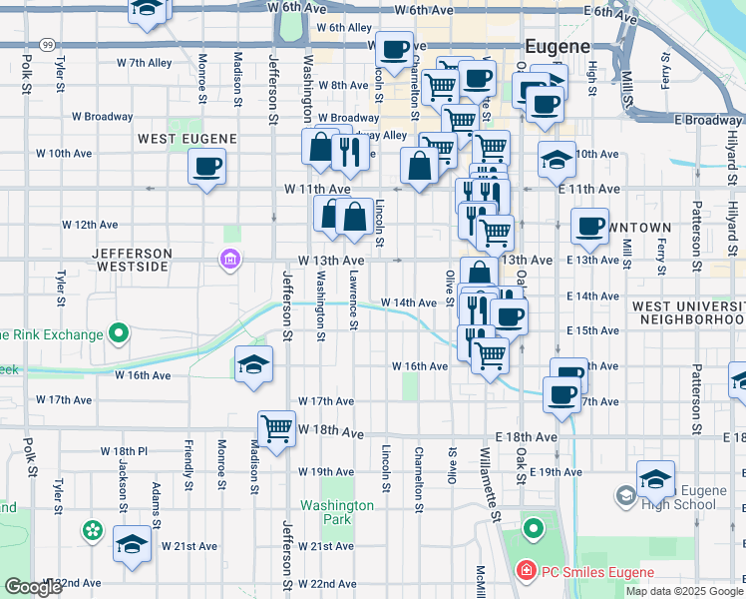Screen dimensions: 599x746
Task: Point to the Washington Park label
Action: click(x=339, y=512)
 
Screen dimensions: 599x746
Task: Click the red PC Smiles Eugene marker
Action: click(x=524, y=572)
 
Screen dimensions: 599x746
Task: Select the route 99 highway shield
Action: click(x=47, y=45)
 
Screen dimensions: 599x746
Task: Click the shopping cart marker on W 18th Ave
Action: click(x=277, y=429)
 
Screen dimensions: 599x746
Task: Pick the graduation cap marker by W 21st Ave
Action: click(x=132, y=545)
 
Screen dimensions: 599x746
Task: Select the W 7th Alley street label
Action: click(x=145, y=62)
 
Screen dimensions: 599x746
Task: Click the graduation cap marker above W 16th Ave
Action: click(x=253, y=365)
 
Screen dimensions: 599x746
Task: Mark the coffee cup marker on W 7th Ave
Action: click(x=395, y=48)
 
